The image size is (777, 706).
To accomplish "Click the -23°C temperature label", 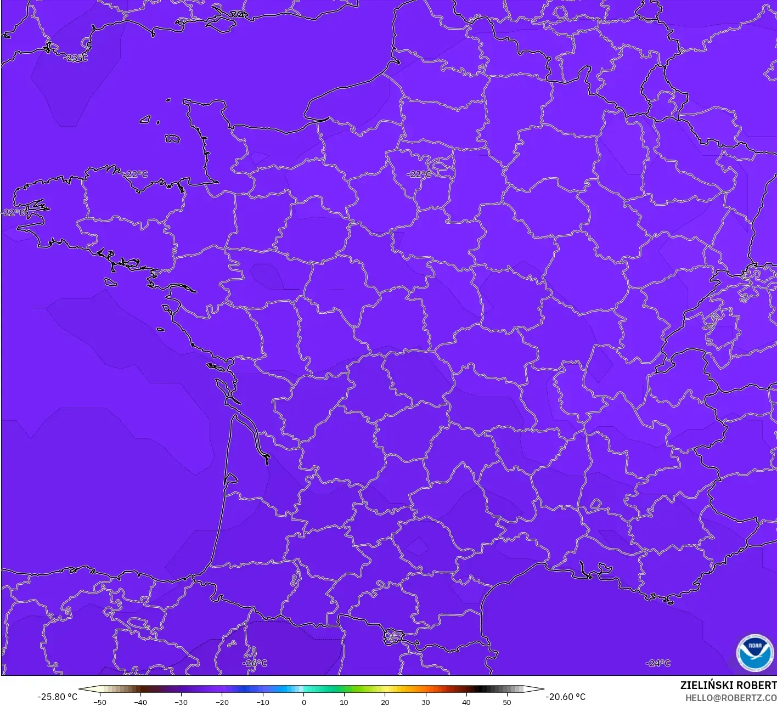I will coord(76,58).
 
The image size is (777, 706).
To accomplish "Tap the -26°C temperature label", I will coord(255,663).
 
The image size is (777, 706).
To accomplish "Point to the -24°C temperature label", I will coord(658,663).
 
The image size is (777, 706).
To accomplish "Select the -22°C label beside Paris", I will coord(419,174).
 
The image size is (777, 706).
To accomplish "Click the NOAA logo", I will coord(755,653).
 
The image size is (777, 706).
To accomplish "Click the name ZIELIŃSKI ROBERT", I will coord(728,685).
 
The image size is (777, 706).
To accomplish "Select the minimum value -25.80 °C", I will coord(57,697).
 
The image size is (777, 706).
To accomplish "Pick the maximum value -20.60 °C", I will coord(565,697).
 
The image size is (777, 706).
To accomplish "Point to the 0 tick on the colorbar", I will coord(303,702).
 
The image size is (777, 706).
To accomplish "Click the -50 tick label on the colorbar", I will coord(99,702).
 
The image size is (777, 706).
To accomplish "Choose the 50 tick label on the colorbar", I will coord(506,702).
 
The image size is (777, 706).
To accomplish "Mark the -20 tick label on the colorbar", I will coord(222,702).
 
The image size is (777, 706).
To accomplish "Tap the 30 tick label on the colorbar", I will coord(426,702).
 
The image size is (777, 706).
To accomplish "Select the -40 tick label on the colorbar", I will coord(140,702).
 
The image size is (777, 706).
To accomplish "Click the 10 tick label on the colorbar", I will coord(344,702).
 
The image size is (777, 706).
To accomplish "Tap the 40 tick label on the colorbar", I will coord(466,702).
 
